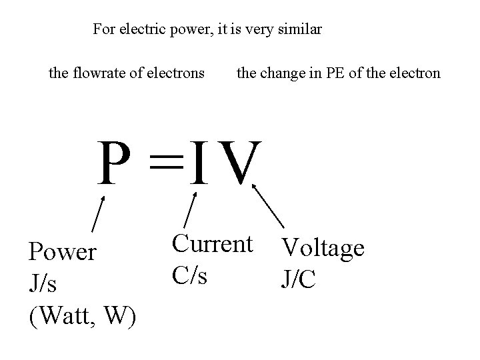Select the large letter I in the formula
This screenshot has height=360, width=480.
point(198,163)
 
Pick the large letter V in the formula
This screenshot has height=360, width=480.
point(238,163)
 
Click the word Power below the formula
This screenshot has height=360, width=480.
point(62,252)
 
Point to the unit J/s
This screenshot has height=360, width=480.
point(43,283)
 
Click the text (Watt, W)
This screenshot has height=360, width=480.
point(83,314)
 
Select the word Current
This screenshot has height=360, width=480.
point(213,243)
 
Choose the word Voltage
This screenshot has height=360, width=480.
point(323,248)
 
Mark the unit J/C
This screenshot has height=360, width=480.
point(299,279)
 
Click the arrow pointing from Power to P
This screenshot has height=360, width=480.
point(98,213)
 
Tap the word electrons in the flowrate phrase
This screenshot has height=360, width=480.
point(177,73)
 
